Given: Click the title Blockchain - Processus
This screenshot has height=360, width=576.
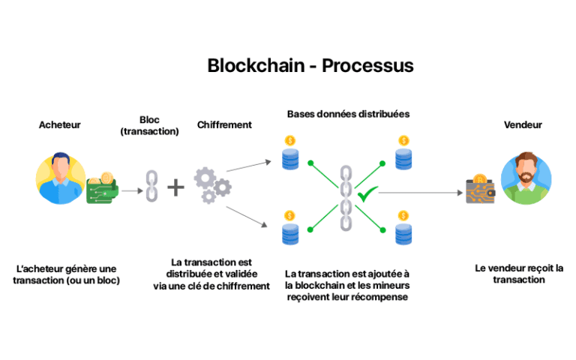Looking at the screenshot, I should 310,66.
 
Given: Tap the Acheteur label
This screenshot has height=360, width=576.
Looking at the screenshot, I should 59,125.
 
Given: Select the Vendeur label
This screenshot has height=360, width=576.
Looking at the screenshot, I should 523,125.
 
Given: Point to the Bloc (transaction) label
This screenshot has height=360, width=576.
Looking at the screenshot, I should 150,125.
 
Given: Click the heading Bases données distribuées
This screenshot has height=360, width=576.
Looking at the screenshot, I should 348,114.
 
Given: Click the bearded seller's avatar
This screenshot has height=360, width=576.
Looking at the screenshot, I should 526,178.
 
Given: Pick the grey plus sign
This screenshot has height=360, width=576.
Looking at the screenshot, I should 175,186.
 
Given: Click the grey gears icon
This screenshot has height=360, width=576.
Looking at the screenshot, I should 211,184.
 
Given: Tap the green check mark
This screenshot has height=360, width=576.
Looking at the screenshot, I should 367,195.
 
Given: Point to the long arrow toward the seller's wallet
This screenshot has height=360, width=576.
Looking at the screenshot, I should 420,193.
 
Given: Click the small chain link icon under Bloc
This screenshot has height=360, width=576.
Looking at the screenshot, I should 151,185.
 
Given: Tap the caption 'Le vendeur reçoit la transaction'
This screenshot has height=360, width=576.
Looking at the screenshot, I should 518,274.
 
